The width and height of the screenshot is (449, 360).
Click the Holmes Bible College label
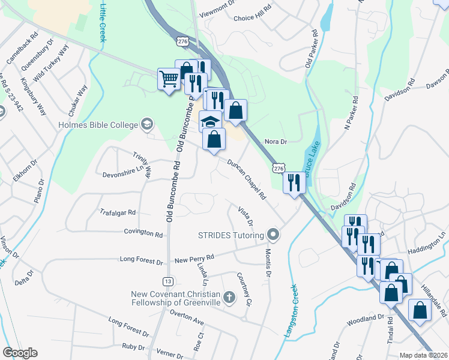click(98, 125)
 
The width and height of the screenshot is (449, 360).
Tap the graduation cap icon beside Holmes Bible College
click(146, 125)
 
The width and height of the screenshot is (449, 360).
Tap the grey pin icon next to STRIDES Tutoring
click(273, 234)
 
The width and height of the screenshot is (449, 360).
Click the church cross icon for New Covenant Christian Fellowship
click(229, 297)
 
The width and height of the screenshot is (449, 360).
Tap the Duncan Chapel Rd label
click(247, 179)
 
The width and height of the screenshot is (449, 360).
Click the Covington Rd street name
click(143, 232)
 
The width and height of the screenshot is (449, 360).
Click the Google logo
click(20, 353)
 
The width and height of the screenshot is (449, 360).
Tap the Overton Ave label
click(187, 314)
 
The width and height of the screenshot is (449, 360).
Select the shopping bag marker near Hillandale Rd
click(420, 310)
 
